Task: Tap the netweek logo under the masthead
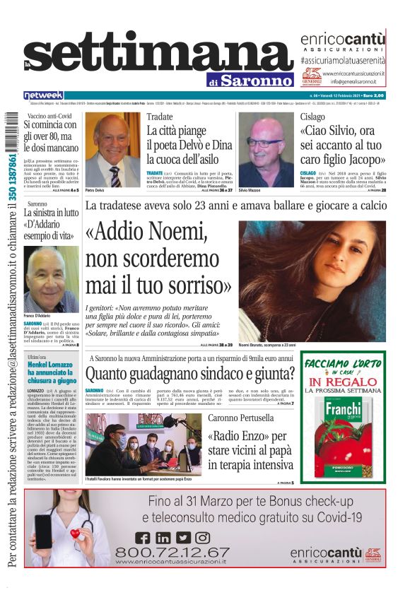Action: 44,95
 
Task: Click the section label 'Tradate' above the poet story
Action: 160,116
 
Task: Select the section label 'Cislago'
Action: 313,116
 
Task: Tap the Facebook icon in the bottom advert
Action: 142,538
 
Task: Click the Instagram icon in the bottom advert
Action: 202,538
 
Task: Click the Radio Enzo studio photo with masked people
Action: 143,445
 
